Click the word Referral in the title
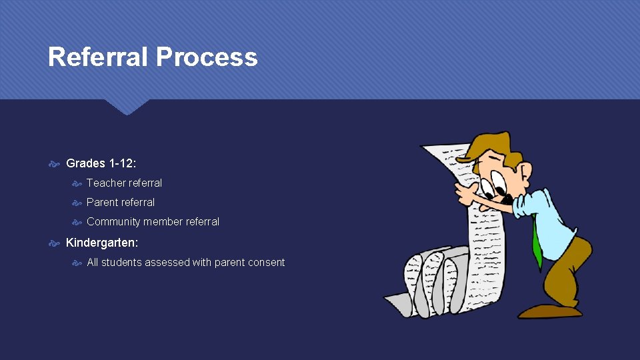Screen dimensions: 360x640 [x=99, y=57]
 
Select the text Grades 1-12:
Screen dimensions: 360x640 [x=101, y=163]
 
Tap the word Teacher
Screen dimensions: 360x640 [x=105, y=183]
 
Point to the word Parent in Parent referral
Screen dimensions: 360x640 [x=103, y=202]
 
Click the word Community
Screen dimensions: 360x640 [x=115, y=221]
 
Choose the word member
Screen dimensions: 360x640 [x=165, y=221]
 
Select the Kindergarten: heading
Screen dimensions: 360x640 [x=102, y=243]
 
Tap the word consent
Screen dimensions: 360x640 [x=266, y=263]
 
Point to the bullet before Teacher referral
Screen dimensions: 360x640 [x=77, y=183]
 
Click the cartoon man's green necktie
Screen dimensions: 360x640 [x=537, y=243]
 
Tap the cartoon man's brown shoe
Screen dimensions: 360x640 [x=549, y=311]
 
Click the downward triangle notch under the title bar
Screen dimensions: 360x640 [x=127, y=107]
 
